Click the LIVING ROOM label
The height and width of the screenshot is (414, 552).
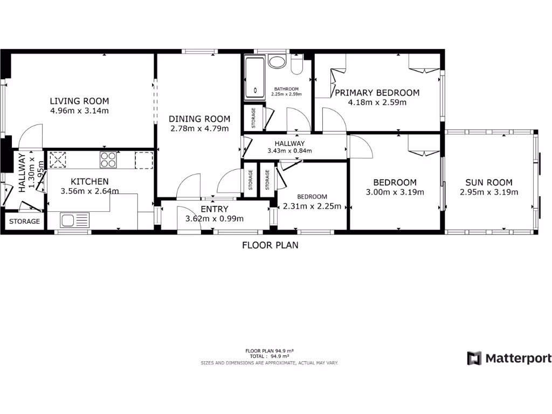(79, 101)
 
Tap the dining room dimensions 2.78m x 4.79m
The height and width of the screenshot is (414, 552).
(199, 128)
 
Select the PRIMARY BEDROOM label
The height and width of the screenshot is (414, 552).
(377, 93)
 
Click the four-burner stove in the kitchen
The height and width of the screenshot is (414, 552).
(108, 160)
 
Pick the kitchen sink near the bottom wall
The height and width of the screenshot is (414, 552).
(75, 220)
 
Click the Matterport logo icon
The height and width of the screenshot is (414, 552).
(474, 358)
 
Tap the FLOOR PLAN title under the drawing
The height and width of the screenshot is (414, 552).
(270, 245)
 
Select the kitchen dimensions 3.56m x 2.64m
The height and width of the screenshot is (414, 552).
(90, 191)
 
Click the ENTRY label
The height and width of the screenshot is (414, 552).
(215, 209)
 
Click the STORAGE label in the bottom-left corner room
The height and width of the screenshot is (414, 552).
(24, 222)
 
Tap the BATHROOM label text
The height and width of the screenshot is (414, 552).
(286, 89)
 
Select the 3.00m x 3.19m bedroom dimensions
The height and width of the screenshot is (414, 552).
(395, 192)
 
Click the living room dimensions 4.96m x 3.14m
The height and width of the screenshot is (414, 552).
(79, 111)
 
